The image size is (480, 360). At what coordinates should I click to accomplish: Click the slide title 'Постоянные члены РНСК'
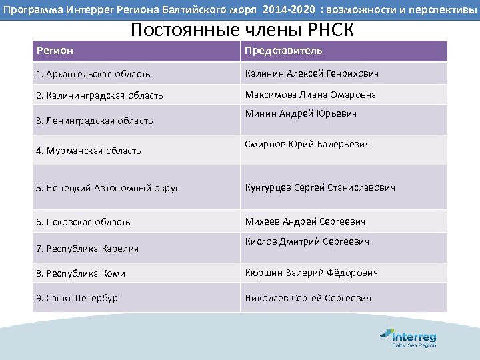click(x=242, y=30)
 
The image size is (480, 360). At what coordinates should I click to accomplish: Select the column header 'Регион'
click(x=55, y=51)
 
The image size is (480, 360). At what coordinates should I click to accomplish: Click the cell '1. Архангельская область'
click(x=93, y=74)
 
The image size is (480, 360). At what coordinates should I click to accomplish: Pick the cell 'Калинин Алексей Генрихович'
click(x=311, y=73)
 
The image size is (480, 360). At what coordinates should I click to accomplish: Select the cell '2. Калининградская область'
click(x=99, y=95)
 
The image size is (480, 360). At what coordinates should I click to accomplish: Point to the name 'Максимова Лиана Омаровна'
click(x=311, y=95)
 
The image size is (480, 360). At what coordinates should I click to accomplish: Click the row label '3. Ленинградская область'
click(x=95, y=121)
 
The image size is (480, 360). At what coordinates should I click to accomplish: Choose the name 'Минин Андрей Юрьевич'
click(x=301, y=113)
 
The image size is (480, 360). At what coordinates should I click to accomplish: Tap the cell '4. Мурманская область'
click(x=89, y=151)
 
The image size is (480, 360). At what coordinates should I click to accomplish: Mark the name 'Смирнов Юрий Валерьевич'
click(x=307, y=144)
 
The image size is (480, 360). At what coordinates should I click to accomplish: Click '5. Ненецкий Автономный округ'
click(x=107, y=188)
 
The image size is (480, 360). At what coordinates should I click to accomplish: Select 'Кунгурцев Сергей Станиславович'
click(x=320, y=187)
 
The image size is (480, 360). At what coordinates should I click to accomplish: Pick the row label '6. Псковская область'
click(x=83, y=222)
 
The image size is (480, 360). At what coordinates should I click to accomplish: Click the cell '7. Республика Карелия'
click(x=87, y=249)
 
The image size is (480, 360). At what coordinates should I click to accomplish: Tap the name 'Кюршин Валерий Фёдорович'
click(x=311, y=273)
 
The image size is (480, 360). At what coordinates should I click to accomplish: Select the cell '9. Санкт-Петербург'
click(x=79, y=298)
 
